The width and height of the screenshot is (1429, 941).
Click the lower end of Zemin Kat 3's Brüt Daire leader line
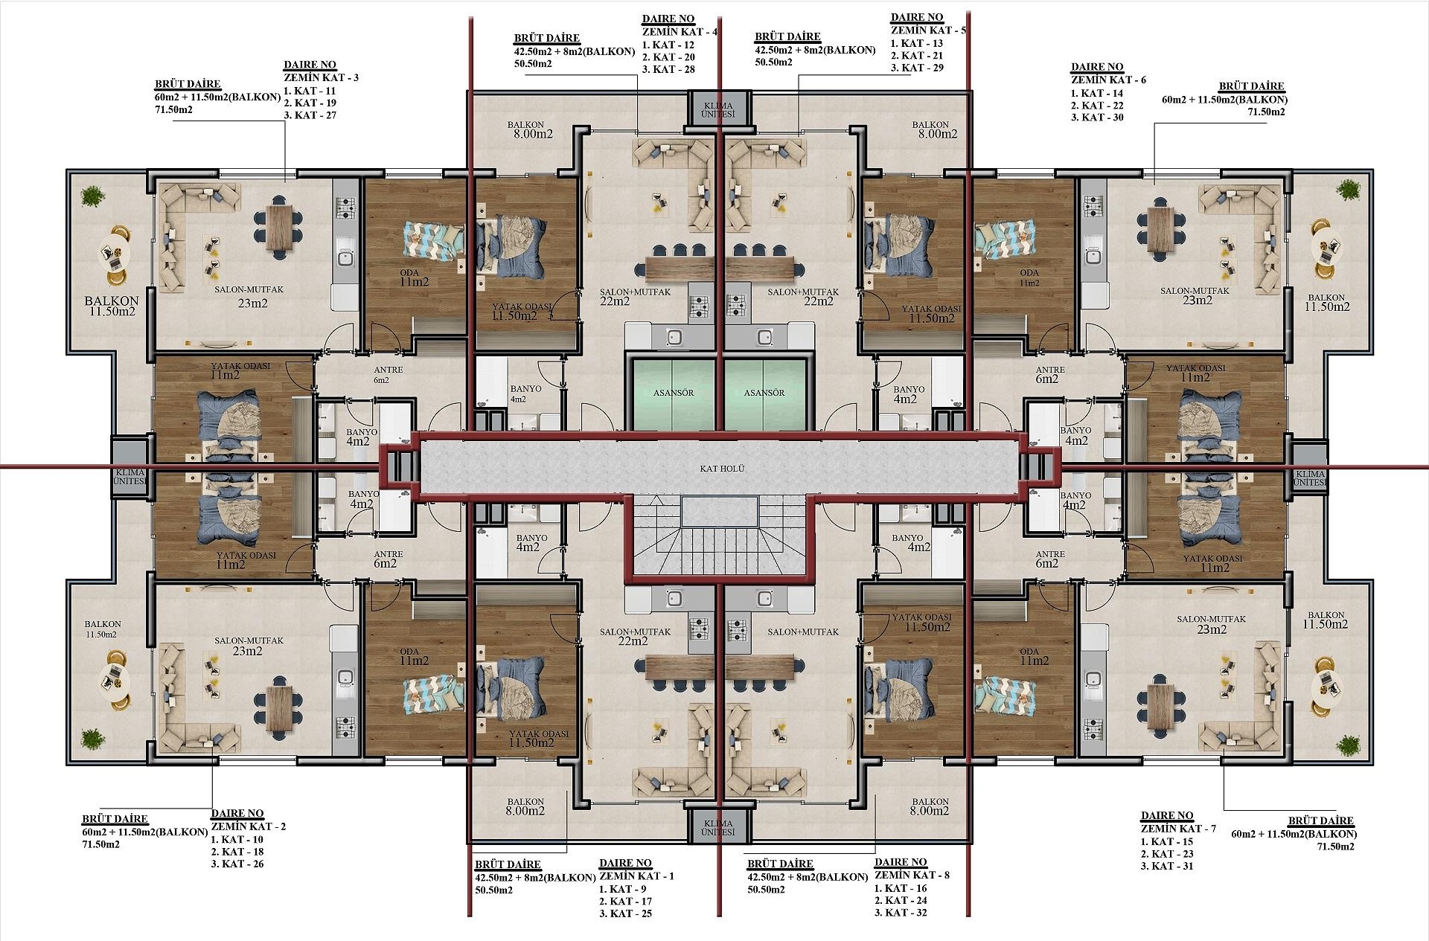[284, 182]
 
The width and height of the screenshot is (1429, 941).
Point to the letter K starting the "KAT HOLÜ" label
[703, 469]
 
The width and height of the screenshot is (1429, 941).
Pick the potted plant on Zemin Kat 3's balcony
[92, 195]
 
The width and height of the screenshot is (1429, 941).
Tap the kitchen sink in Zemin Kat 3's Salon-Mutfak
[345, 258]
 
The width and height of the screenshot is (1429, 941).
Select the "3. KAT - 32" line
[901, 913]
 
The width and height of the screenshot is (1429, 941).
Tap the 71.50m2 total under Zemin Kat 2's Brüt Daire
[100, 844]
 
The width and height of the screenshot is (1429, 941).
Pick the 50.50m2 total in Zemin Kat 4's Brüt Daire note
[532, 64]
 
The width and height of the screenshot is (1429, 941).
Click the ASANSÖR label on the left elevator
[674, 393]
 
